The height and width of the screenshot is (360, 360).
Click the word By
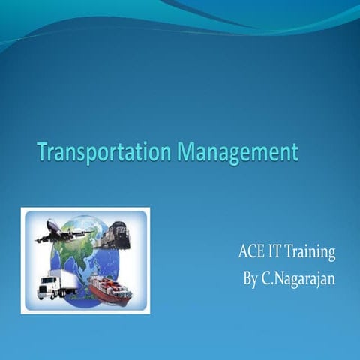tap(251, 278)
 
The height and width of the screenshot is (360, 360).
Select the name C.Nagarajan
tap(299, 279)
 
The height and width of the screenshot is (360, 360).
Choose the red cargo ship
tap(109, 288)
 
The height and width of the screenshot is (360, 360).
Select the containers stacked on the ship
tap(105, 283)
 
